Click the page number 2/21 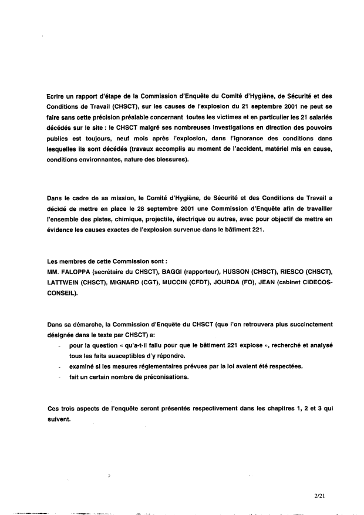(x=319, y=496)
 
